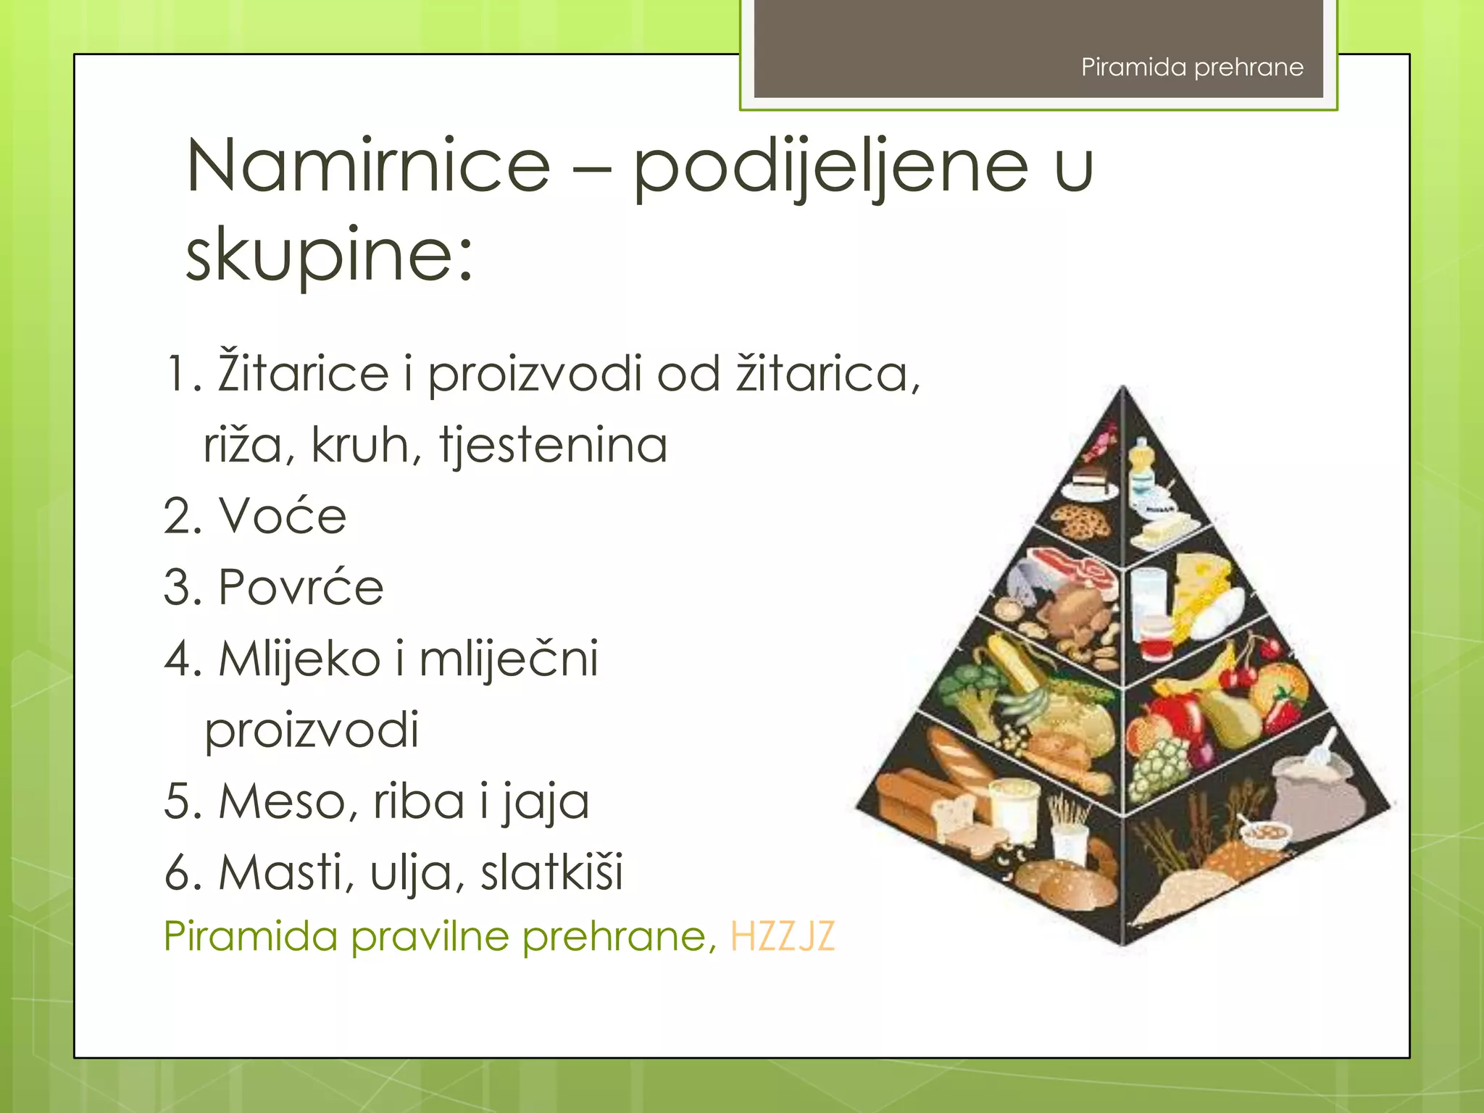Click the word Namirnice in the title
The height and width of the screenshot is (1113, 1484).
(x=368, y=167)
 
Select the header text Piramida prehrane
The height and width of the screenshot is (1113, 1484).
(x=1192, y=67)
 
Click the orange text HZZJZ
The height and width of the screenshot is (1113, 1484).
(x=782, y=936)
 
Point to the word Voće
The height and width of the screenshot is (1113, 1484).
(x=283, y=517)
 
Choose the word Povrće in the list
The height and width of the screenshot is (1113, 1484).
(x=301, y=587)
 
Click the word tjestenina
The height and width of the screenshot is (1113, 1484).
(x=553, y=445)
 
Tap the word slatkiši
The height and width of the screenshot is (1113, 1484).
(x=551, y=872)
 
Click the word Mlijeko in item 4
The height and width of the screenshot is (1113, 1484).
(x=299, y=659)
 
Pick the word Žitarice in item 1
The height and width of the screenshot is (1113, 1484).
(x=303, y=374)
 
